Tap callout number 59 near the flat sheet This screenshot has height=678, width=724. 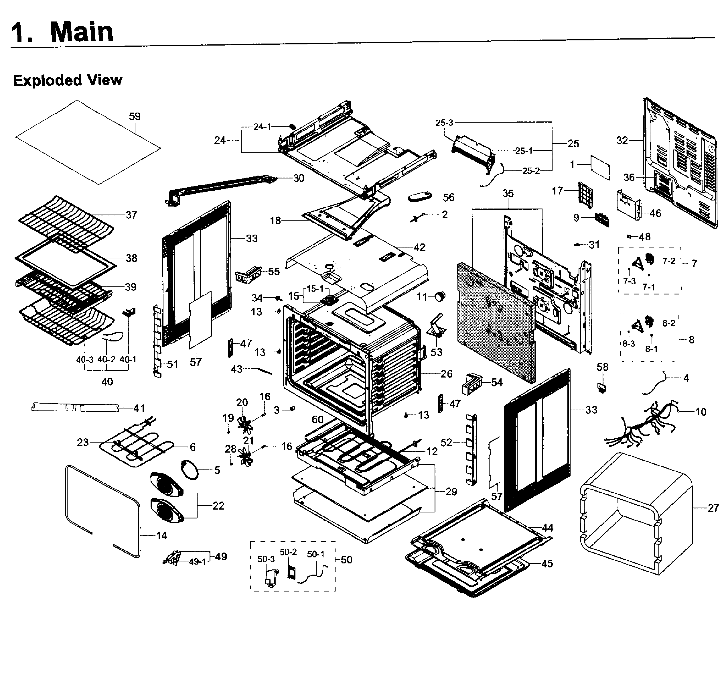click(135, 117)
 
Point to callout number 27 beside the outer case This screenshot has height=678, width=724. click(713, 508)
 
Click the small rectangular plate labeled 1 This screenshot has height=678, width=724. click(600, 167)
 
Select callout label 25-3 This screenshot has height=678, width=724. click(444, 123)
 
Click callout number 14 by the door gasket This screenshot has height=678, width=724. click(161, 536)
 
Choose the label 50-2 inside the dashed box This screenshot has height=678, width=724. click(288, 552)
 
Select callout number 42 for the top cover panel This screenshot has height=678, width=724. click(419, 247)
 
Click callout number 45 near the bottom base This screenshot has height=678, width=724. click(547, 564)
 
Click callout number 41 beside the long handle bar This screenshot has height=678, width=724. click(139, 408)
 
